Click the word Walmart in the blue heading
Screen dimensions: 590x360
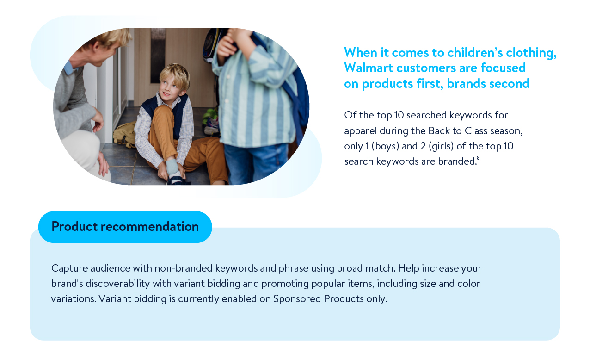(369, 68)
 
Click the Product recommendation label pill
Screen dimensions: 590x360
(125, 227)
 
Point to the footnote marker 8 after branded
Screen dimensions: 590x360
(478, 158)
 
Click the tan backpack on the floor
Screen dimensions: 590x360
(124, 135)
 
